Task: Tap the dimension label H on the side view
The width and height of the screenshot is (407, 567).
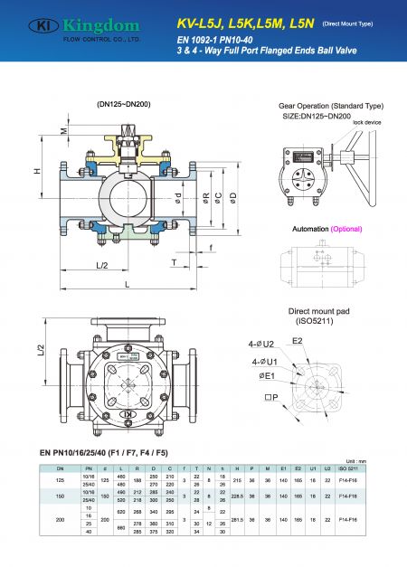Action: coord(35,171)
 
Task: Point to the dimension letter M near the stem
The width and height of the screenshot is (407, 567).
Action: coord(63,131)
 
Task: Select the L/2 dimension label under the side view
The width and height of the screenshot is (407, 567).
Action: coord(101,264)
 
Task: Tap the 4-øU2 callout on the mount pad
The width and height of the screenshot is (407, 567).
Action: coord(269,345)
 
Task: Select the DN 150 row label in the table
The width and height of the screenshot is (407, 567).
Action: coord(61,496)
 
